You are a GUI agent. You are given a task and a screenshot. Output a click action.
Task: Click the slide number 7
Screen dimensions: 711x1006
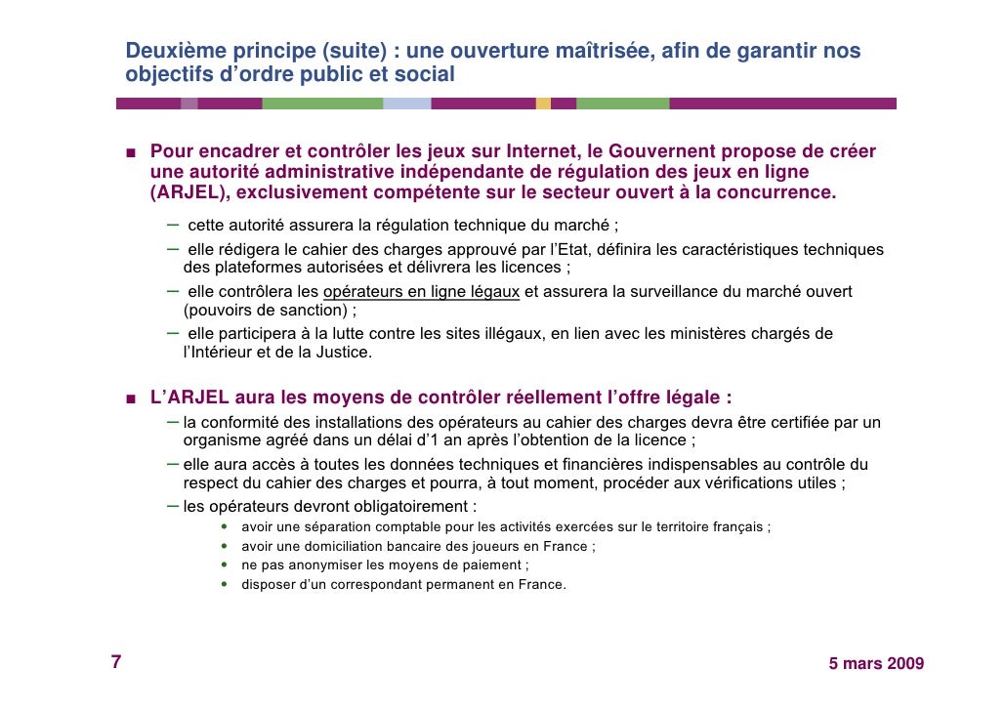click(x=115, y=662)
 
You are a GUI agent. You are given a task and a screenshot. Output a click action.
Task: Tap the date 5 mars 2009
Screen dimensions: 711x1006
click(x=876, y=664)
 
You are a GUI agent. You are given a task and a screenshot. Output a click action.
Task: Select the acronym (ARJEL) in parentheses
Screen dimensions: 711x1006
click(x=186, y=191)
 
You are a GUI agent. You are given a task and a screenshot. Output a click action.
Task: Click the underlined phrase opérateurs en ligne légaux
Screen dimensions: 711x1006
click(x=421, y=291)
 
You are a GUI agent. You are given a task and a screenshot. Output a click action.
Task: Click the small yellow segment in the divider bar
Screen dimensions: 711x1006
click(x=543, y=104)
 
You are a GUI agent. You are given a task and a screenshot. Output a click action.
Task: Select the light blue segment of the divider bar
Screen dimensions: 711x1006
click(x=407, y=104)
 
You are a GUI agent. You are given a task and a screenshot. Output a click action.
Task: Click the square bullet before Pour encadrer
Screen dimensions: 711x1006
click(x=130, y=152)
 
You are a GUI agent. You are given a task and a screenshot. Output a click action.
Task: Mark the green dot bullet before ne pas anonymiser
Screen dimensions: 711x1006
click(x=226, y=565)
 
